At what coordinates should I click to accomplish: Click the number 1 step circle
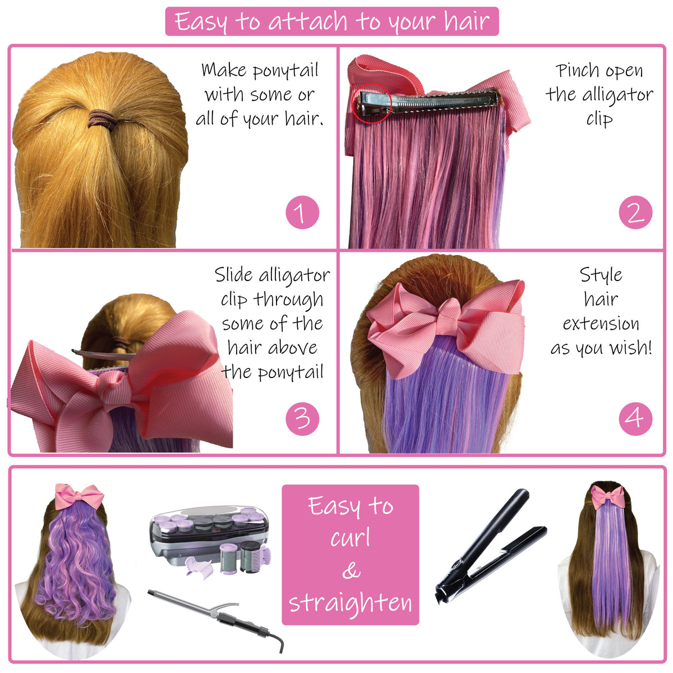302,213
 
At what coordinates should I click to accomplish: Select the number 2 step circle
635,213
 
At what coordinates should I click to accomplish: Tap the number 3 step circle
302,418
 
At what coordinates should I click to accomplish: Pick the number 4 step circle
635,418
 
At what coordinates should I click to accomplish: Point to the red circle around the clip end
372,103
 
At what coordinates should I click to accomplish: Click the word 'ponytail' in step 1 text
285,71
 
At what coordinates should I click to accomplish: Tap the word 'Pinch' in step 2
575,71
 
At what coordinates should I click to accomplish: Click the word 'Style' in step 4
601,275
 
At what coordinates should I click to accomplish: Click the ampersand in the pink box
351,570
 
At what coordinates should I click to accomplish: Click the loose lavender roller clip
197,566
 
